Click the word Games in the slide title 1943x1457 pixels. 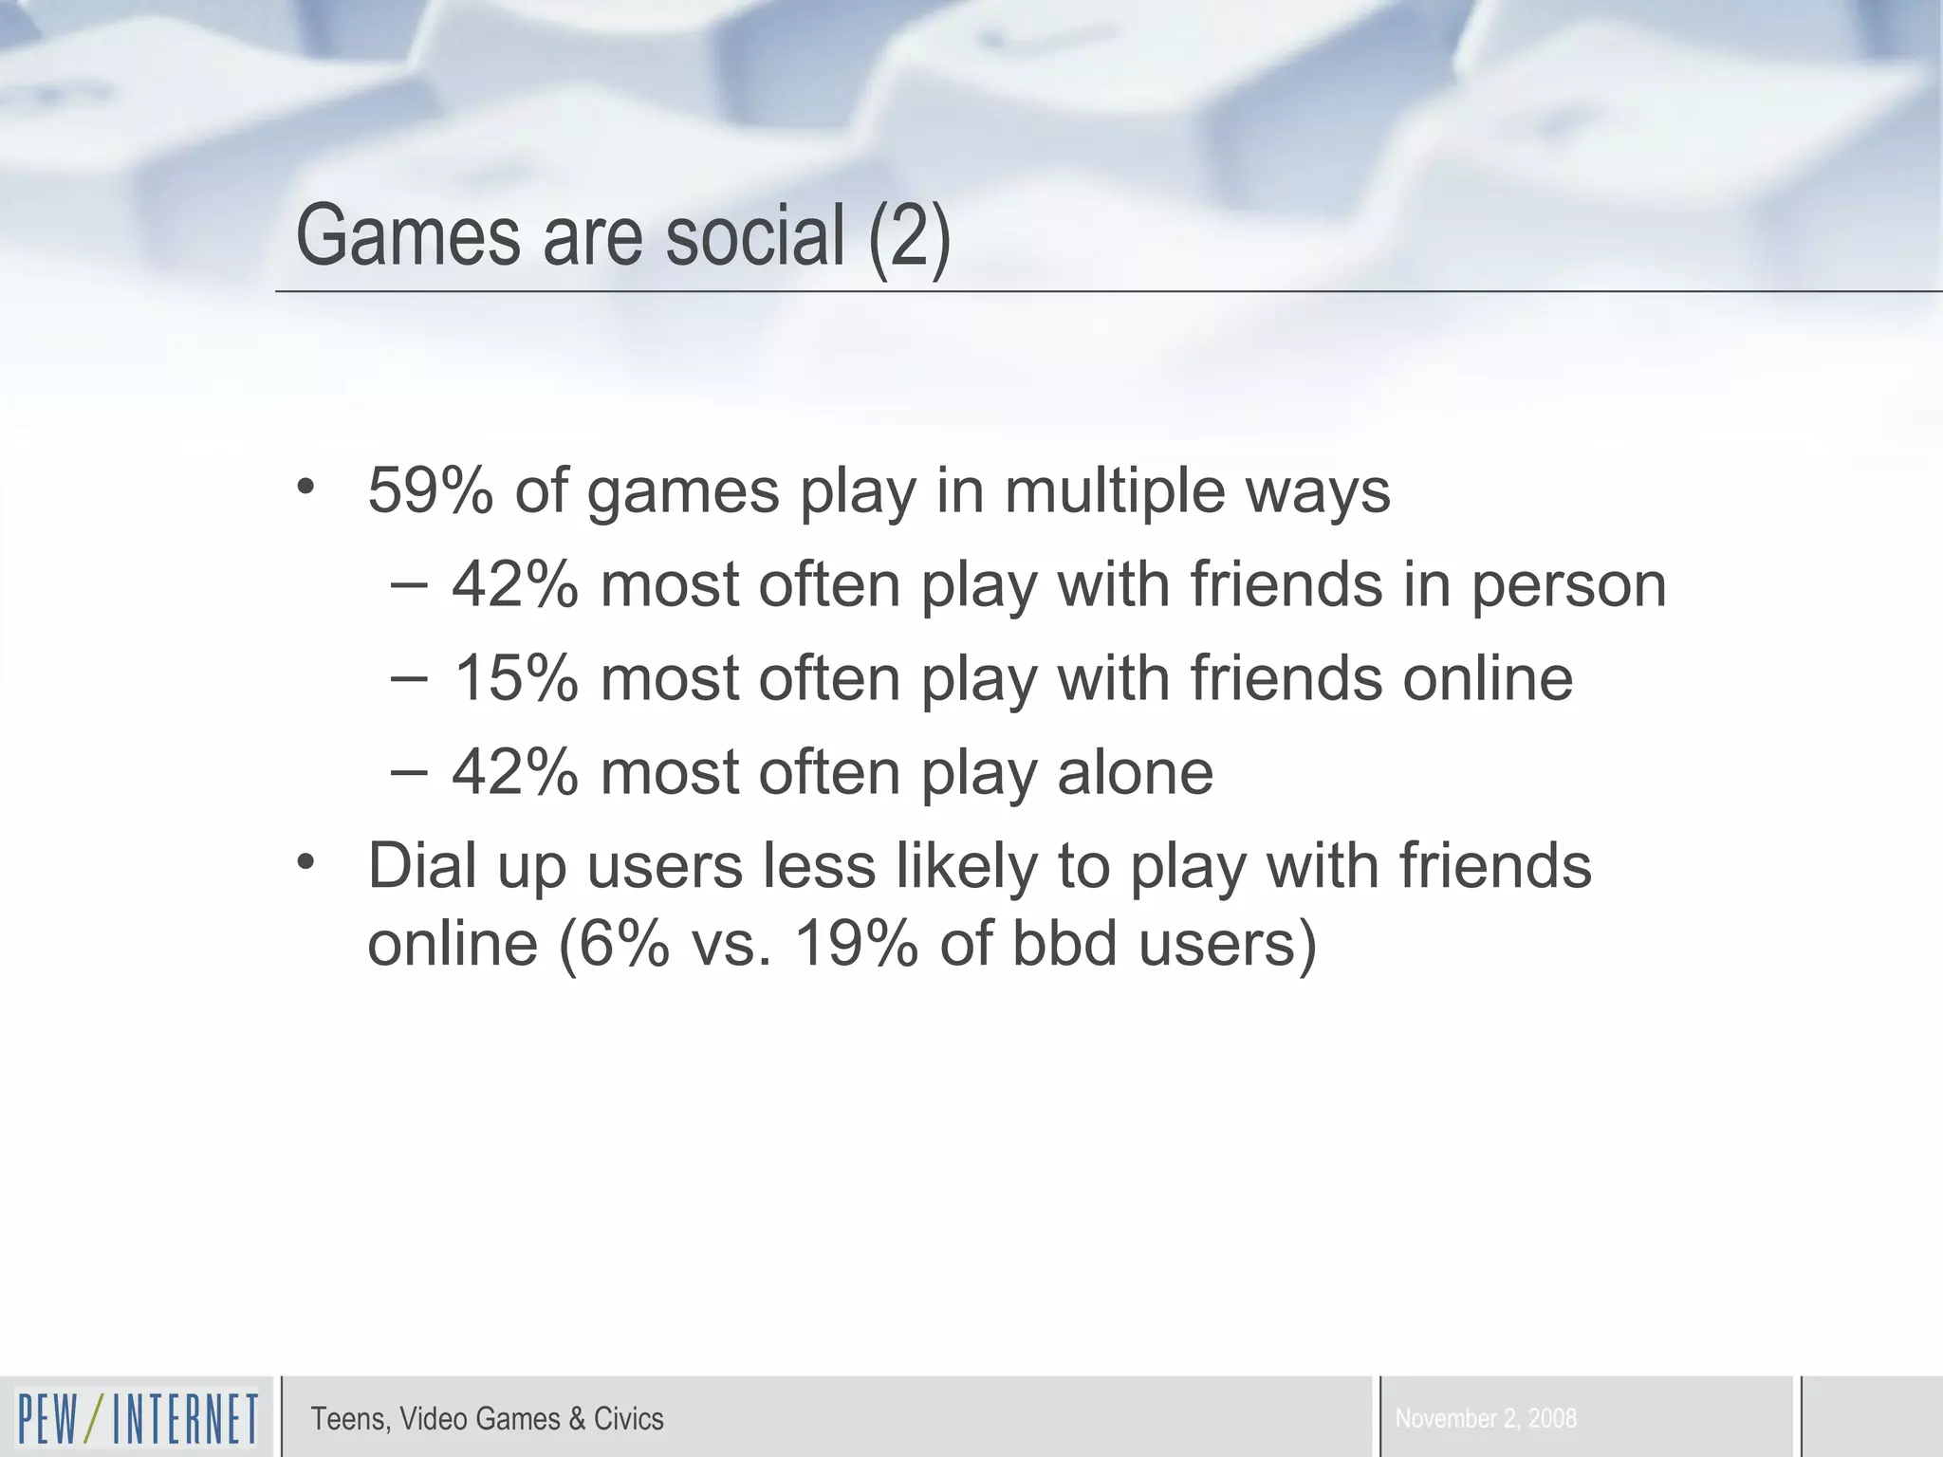408,236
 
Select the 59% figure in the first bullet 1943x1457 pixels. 430,491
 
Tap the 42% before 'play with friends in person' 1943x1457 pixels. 514,584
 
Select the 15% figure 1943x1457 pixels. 514,678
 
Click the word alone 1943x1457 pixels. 1135,771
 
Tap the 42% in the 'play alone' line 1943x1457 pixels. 514,771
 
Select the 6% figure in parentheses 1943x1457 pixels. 622,944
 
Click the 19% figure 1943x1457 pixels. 855,944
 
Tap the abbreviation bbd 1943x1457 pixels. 1064,944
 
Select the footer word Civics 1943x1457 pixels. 628,1419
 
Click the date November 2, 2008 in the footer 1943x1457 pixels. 1486,1419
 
